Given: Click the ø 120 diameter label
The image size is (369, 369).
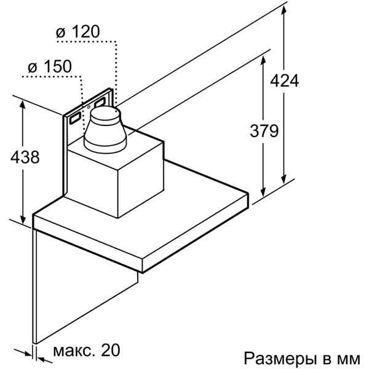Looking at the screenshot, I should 79,31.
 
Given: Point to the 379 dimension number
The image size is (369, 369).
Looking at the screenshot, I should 264,130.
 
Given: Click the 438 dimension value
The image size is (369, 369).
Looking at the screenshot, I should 25,157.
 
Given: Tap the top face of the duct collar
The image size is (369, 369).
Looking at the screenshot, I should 105,114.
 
